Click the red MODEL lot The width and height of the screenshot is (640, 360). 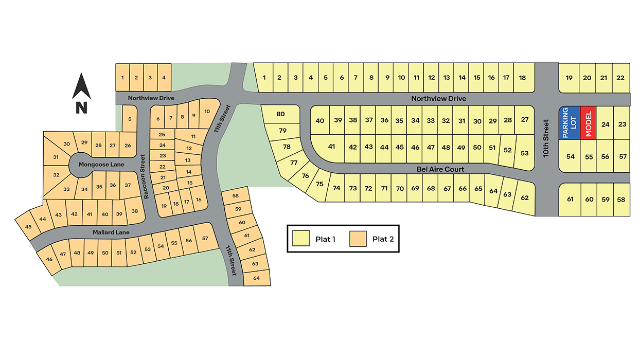(x=588, y=123)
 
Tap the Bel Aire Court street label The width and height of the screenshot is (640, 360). (x=441, y=169)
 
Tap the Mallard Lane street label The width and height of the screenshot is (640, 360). (x=111, y=232)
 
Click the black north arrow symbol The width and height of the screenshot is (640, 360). (x=81, y=87)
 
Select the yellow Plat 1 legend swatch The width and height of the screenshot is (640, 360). (x=301, y=239)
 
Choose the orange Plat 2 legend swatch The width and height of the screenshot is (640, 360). (x=358, y=239)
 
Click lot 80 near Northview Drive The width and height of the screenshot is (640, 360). (x=280, y=114)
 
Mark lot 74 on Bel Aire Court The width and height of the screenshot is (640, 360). (x=336, y=188)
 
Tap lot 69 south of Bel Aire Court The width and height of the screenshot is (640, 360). (x=416, y=188)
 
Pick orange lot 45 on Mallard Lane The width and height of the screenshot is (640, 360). (x=28, y=227)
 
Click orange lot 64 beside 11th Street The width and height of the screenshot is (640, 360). (x=257, y=278)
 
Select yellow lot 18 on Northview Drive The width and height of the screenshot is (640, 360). (x=523, y=78)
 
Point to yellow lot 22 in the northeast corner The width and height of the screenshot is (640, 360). (x=620, y=78)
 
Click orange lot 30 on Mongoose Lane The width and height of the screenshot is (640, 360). (x=66, y=144)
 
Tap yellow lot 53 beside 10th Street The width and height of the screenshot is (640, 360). (x=524, y=153)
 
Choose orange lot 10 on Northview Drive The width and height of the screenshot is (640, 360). (x=207, y=112)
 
